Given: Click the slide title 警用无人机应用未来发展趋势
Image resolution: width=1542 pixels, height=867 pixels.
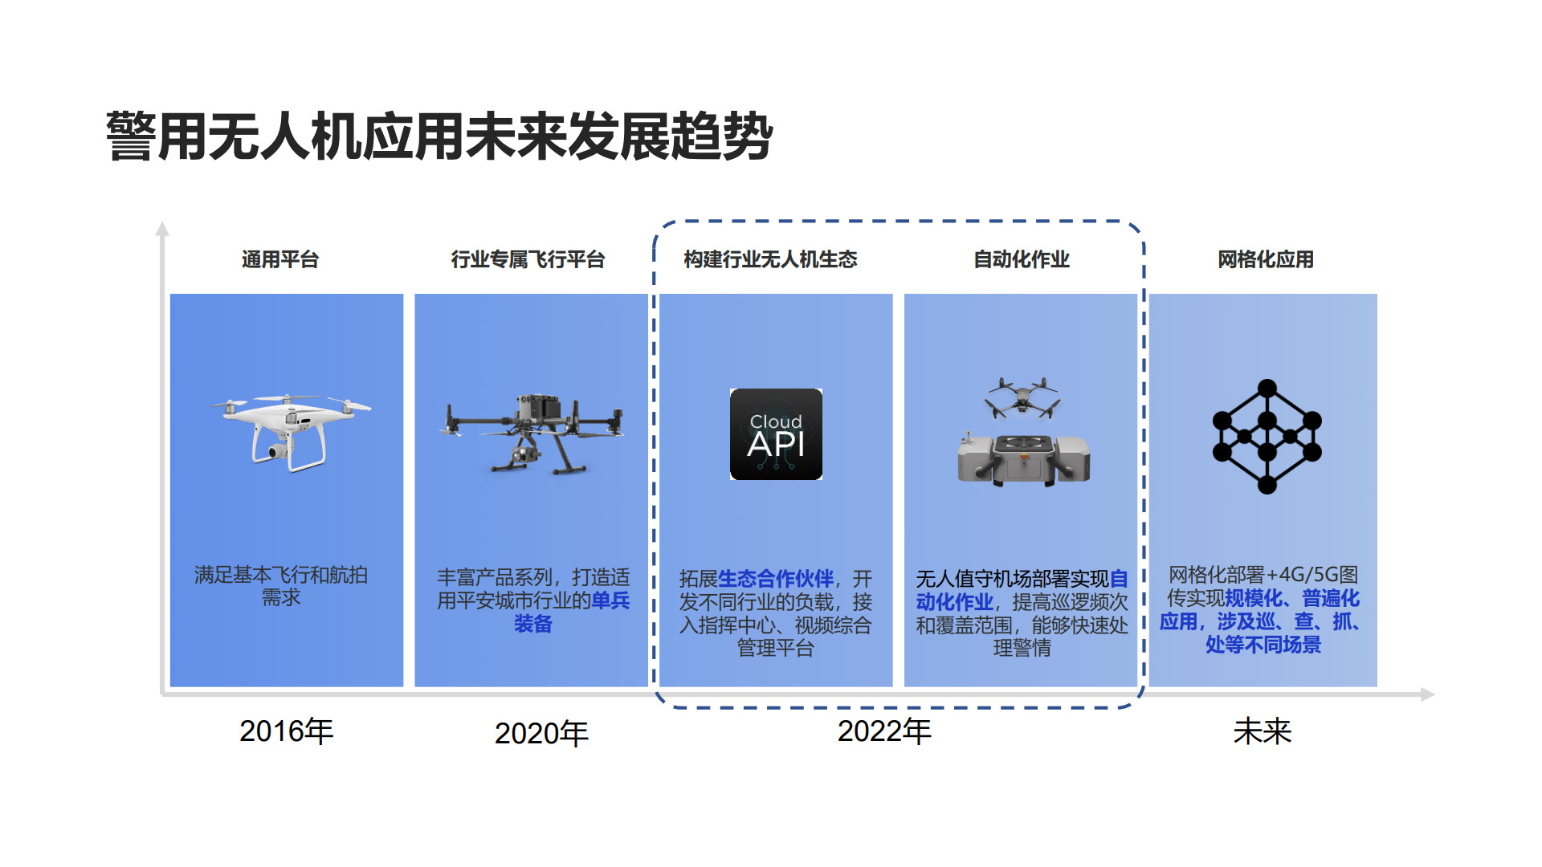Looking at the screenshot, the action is coord(439,136).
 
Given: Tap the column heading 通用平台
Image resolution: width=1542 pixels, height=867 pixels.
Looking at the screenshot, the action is coord(280,259).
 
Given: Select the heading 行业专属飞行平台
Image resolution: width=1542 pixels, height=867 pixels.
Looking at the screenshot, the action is coord(528,259).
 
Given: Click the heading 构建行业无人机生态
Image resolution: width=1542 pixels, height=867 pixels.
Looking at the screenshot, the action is coord(770,259).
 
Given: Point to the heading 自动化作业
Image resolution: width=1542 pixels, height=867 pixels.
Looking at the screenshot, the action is coord(1022,259).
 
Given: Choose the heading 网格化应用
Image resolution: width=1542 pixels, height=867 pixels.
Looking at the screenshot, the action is coord(1266,259).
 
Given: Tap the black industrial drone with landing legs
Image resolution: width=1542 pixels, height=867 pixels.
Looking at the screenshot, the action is coord(532,433).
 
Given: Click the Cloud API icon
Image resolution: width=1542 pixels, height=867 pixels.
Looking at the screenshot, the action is coord(776,434).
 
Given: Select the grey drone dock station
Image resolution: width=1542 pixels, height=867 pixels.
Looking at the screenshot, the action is coord(1023,459).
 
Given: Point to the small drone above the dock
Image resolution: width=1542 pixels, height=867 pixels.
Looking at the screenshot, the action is coord(1022,398).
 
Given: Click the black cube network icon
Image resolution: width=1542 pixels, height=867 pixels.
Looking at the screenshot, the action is coord(1267,436).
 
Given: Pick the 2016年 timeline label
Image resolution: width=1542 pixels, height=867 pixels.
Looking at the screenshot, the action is coord(287,731).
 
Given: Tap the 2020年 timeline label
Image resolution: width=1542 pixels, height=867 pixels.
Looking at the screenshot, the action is coord(541,733).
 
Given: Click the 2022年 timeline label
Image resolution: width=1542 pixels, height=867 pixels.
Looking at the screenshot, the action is coord(884,731).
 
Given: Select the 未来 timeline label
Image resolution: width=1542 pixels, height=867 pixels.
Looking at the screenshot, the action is coord(1263,731).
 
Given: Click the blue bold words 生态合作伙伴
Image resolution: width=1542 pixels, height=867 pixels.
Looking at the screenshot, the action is coord(776,579).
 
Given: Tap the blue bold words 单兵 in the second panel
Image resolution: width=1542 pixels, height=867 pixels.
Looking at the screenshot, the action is coord(611,600).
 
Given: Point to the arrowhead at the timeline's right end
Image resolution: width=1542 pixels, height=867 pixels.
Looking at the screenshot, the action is coord(1428,694).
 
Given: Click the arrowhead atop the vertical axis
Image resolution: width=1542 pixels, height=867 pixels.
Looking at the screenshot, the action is coord(162,229).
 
